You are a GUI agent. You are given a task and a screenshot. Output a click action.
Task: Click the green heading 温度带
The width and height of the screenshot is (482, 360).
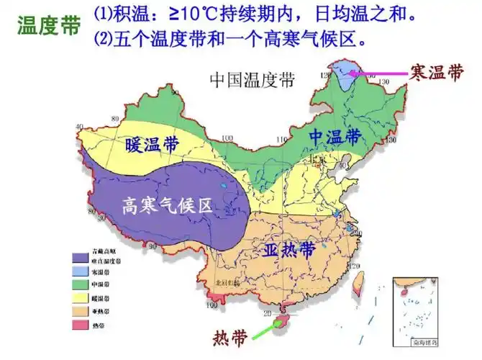(48, 26)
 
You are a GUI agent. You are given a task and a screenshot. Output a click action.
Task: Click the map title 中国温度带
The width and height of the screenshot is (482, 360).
(252, 79)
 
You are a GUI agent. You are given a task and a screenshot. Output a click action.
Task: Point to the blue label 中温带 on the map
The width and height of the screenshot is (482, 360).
(335, 136)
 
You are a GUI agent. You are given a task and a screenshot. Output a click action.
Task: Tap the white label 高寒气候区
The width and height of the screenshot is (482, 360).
(167, 207)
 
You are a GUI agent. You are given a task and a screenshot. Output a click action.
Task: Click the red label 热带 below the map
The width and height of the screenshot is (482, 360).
(231, 336)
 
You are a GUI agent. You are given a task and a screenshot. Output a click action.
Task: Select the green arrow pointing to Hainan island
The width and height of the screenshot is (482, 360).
(267, 329)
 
